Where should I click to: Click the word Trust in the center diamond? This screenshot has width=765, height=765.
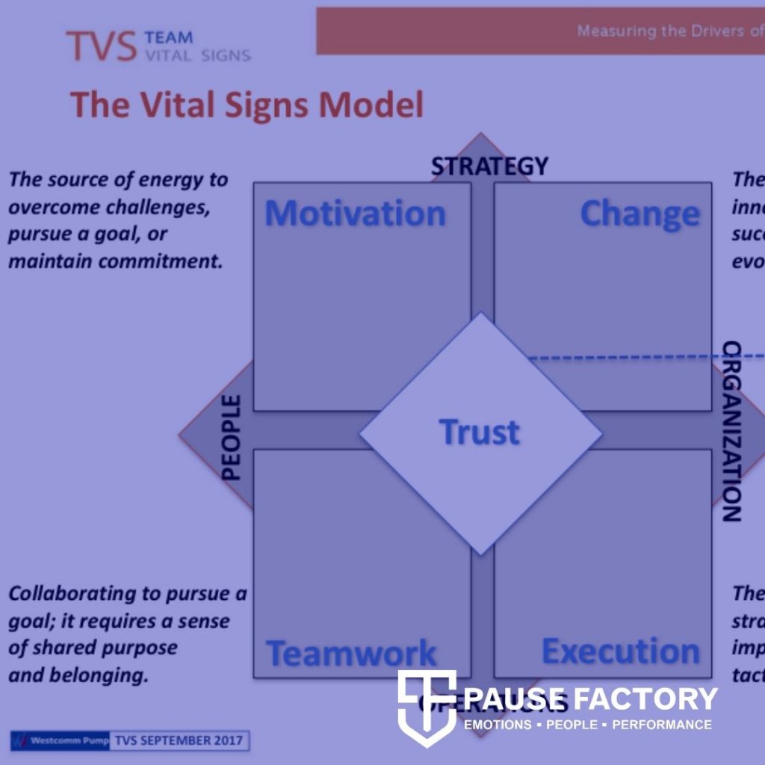tap(479, 432)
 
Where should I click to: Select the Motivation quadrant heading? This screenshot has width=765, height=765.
tap(355, 214)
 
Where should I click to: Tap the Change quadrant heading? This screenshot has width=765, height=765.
tap(640, 214)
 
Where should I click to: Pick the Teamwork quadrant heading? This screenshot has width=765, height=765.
tap(352, 654)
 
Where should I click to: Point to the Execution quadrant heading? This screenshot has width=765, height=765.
tap(620, 651)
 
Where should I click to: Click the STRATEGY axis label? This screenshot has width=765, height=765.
tap(489, 166)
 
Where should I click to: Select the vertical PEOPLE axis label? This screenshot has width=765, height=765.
tap(232, 437)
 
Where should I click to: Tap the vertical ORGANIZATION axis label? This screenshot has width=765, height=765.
tap(731, 431)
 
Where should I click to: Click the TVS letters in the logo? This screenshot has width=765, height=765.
tap(101, 46)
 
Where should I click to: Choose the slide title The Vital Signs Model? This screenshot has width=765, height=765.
tap(247, 105)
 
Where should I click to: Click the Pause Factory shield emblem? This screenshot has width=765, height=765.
tap(427, 707)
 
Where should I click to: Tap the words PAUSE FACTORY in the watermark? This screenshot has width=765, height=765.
tap(590, 699)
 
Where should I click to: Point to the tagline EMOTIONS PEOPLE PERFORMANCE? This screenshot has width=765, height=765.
tap(588, 725)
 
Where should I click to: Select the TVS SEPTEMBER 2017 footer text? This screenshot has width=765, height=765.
tap(179, 741)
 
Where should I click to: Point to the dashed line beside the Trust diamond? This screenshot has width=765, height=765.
tap(642, 358)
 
